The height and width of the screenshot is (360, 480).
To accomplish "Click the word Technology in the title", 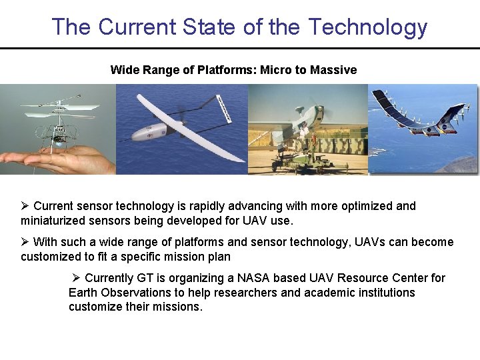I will pyautogui.click(x=367, y=27).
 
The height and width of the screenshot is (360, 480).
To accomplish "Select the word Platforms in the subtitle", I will pyautogui.click(x=227, y=70).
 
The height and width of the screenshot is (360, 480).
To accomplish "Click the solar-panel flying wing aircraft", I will pyautogui.click(x=420, y=120).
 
